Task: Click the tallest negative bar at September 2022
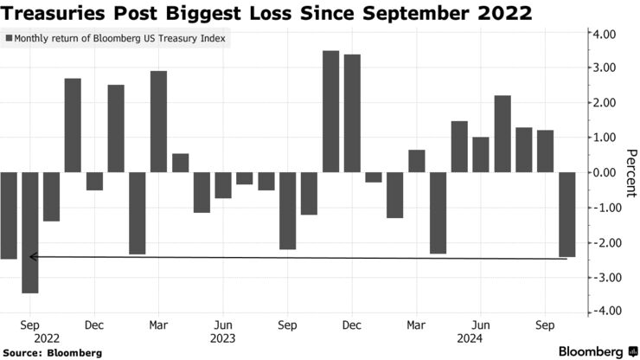pyautogui.click(x=30, y=232)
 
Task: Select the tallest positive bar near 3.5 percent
pyautogui.click(x=330, y=111)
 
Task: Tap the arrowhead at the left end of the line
pyautogui.click(x=32, y=256)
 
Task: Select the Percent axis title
pyautogui.click(x=629, y=172)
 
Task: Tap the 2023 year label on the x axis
pyautogui.click(x=223, y=338)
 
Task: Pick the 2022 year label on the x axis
pyautogui.click(x=30, y=338)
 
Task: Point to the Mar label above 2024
pyautogui.click(x=416, y=325)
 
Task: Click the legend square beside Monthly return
pyautogui.click(x=10, y=39)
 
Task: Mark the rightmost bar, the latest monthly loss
pyautogui.click(x=566, y=215)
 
